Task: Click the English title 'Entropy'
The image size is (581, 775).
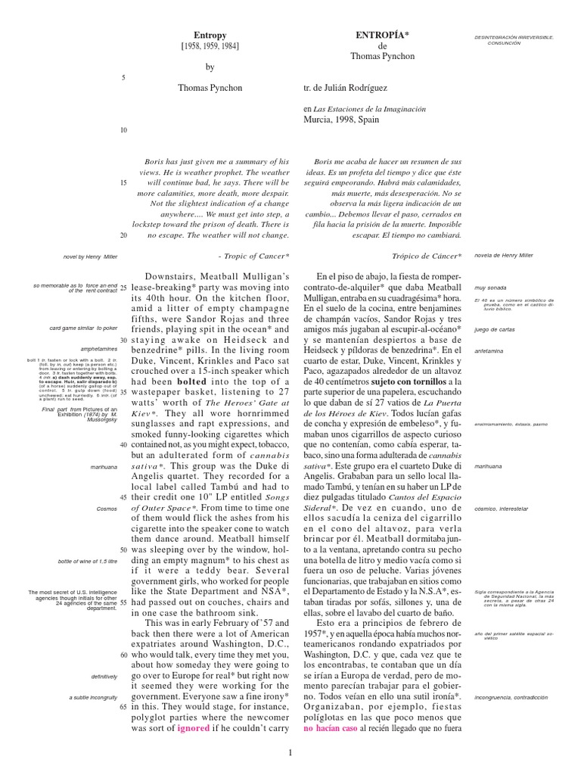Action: (x=210, y=36)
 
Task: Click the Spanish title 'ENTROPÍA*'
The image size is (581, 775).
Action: (x=383, y=36)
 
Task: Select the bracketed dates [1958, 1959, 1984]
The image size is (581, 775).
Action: (x=210, y=46)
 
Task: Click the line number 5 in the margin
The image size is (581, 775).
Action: (x=123, y=78)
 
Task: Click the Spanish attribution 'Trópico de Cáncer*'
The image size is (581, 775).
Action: (x=427, y=257)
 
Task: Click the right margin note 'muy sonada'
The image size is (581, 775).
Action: (x=489, y=288)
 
